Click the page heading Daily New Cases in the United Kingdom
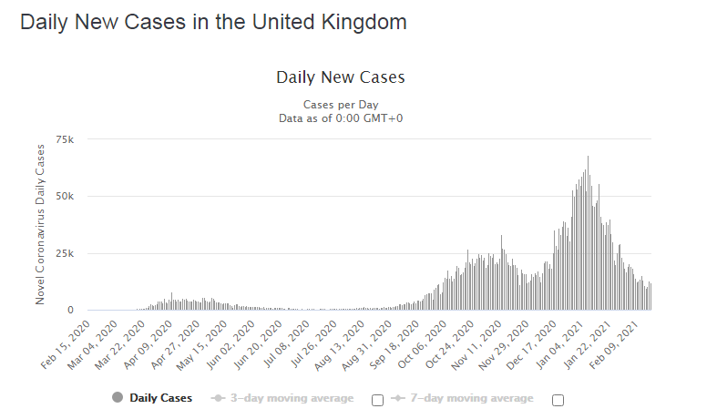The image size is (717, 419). pyautogui.click(x=213, y=22)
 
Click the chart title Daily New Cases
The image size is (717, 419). pyautogui.click(x=340, y=77)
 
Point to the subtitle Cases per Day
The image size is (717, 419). pyautogui.click(x=340, y=104)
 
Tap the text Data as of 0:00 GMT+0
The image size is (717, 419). pyautogui.click(x=340, y=118)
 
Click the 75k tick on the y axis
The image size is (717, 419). pyautogui.click(x=65, y=139)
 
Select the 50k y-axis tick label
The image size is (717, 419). pyautogui.click(x=65, y=196)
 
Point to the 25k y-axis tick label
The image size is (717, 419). pyautogui.click(x=65, y=253)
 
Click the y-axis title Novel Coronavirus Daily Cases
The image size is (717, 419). pyautogui.click(x=40, y=225)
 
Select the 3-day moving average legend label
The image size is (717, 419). pyautogui.click(x=292, y=398)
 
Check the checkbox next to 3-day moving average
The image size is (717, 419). pyautogui.click(x=377, y=399)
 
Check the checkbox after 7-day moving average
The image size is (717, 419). pyautogui.click(x=558, y=399)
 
